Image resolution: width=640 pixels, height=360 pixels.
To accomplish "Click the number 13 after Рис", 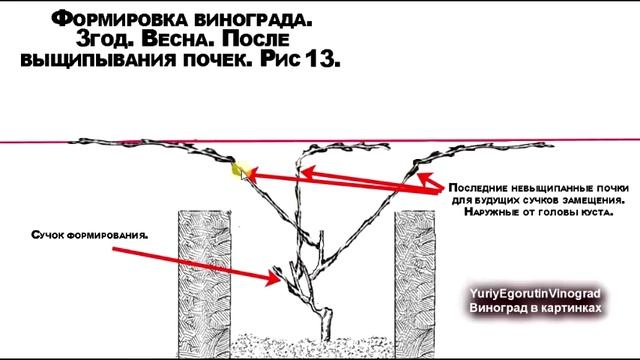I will point(324,60).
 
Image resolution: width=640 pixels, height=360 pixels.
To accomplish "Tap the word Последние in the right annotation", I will point(478,188).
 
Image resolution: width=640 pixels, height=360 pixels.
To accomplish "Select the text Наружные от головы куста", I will point(531,213).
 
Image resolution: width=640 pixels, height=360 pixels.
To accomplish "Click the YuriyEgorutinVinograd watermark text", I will point(535,295).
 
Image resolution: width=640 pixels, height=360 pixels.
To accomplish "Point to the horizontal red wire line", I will point(100,141).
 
